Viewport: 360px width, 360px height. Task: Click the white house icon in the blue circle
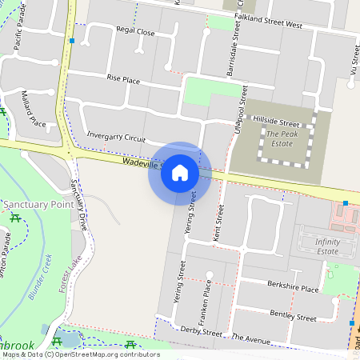coord(180,173)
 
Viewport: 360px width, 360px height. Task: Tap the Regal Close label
coord(135,31)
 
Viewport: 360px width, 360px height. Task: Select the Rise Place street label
coord(123,79)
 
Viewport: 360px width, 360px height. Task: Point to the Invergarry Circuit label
coord(116,137)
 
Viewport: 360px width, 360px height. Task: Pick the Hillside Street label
coord(275,123)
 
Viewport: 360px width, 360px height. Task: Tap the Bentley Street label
coord(293,314)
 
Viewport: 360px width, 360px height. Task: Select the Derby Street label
coord(201,330)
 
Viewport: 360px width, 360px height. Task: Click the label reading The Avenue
coord(251,339)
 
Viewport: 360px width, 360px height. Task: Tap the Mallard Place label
coord(33,109)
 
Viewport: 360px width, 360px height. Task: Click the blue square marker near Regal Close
coord(72,40)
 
